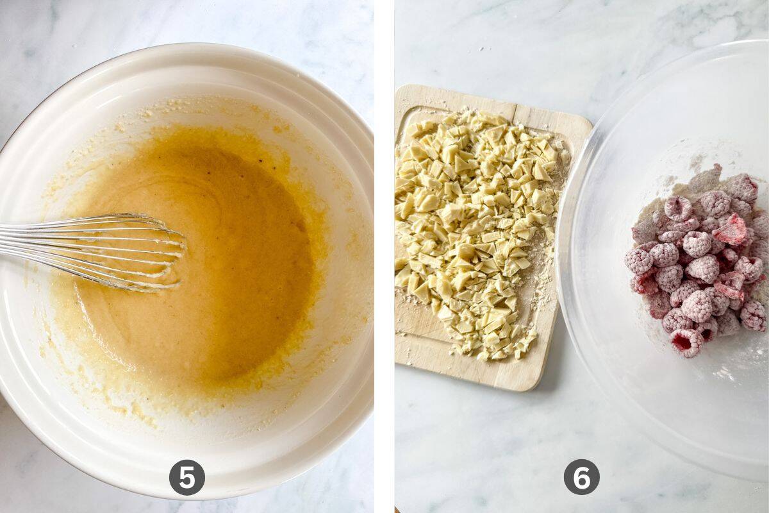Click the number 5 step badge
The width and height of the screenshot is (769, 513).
pos(187,477)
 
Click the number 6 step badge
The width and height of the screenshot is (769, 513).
pos(582,477)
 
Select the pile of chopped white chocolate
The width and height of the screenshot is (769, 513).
pos(477,233)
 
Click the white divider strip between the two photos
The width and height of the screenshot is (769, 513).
pos(384,256)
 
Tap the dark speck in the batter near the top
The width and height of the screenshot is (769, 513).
pos(261,160)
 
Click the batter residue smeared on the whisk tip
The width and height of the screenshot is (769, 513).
pos(161,275)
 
